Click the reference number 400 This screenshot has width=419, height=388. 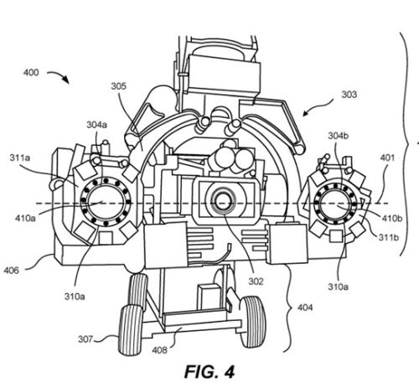click(x=31, y=73)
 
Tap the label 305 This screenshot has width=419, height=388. click(x=119, y=86)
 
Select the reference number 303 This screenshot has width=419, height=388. click(x=349, y=95)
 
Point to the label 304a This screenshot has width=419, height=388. click(x=96, y=125)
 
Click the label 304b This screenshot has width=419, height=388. click(x=339, y=136)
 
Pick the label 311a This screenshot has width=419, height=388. click(x=20, y=158)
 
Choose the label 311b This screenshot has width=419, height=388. click(x=389, y=237)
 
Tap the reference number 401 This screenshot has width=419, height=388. click(x=387, y=158)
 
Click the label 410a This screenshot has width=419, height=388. click(x=25, y=218)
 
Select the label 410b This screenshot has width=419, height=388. click(x=391, y=218)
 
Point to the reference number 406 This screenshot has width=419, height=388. click(x=12, y=271)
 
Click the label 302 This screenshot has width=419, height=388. click(x=256, y=282)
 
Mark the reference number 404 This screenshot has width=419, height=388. click(x=305, y=308)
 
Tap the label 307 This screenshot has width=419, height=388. click(x=85, y=339)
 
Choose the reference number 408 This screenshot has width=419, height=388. click(x=159, y=349)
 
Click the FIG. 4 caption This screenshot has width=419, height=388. click(x=209, y=372)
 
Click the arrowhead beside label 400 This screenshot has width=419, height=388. click(x=66, y=80)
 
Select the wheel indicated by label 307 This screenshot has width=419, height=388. click(x=131, y=330)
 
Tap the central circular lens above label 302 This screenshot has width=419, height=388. click(x=223, y=201)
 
